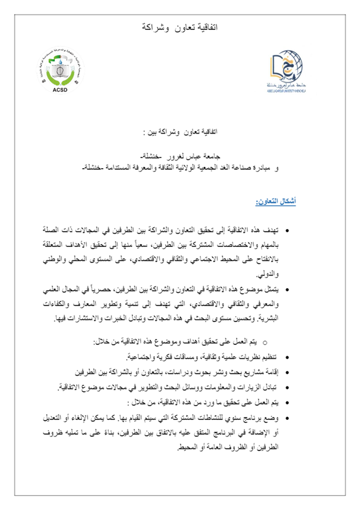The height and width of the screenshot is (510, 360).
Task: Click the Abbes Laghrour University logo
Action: tap(287, 69)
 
